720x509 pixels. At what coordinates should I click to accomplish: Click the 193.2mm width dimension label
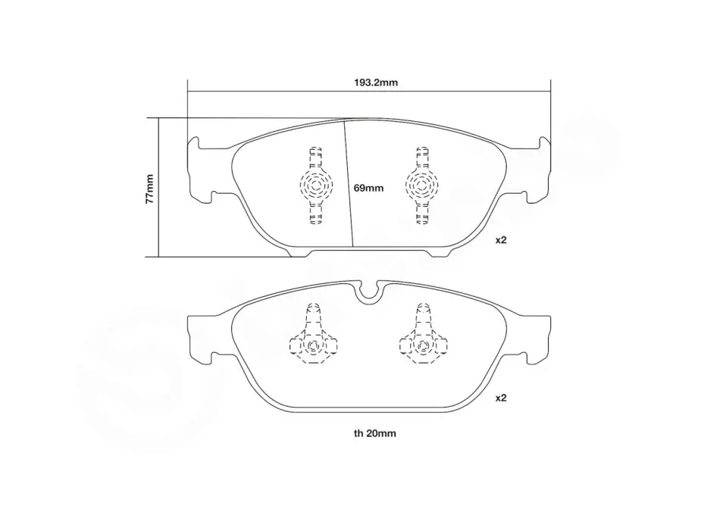pos(376,83)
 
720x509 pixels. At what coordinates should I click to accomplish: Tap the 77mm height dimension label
pos(150,189)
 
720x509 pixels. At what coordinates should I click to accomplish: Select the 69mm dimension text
pos(369,188)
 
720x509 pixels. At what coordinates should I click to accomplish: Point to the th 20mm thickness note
pos(374,433)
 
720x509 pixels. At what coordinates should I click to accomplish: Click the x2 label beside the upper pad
pos(501,240)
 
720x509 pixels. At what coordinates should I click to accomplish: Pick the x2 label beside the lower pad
pos(501,398)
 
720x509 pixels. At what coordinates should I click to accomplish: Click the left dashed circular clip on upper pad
pos(315,186)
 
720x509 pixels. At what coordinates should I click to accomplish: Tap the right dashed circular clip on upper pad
pos(422,186)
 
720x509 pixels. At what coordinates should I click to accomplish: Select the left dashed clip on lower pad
pos(314,334)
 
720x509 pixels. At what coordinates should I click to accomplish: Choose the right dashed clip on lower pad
pos(423,334)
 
